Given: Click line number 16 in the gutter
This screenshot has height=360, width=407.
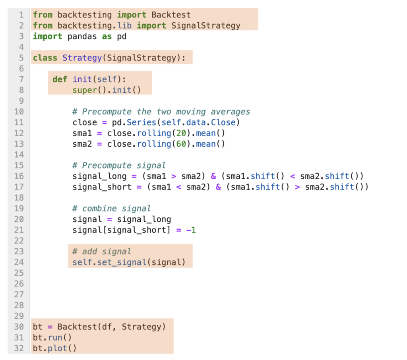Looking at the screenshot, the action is tap(19, 176).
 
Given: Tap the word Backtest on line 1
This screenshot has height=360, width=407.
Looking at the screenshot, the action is tap(171, 15).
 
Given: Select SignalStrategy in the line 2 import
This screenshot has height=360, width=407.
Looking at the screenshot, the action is tap(206, 26).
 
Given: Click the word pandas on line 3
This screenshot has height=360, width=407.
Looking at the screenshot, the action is tap(82, 36).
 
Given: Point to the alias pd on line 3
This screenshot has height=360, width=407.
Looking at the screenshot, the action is tap(122, 36).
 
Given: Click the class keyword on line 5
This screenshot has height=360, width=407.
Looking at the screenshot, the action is tap(45, 58).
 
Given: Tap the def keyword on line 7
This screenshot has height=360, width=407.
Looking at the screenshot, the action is tap(60, 79).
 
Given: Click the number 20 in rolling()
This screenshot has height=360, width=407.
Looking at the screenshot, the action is tap(181, 133).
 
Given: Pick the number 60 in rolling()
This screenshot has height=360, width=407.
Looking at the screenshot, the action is tap(181, 144).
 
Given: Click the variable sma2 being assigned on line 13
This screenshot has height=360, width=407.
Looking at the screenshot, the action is tap(82, 144).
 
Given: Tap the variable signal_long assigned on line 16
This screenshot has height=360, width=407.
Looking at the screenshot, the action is tap(99, 176).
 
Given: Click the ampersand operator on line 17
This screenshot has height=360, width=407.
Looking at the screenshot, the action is tap(218, 187).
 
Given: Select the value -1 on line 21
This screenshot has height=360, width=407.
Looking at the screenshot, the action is tap(191, 230).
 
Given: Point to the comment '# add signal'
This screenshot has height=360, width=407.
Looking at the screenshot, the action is tap(102, 252).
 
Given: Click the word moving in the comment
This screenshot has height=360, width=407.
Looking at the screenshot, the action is tap(191, 112).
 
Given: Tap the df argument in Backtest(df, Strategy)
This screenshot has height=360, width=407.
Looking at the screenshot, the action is tap(107, 327).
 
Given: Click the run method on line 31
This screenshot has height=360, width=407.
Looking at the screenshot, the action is tap(55, 337).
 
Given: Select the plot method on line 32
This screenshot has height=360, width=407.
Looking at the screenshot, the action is tap(57, 348).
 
